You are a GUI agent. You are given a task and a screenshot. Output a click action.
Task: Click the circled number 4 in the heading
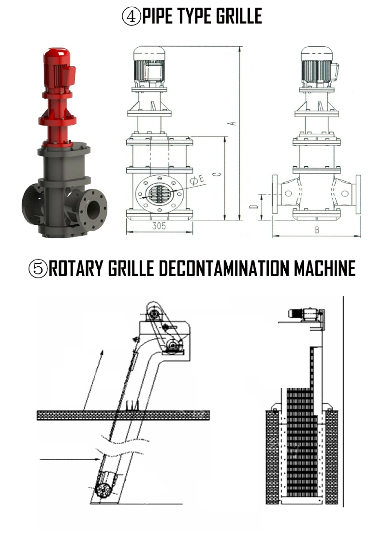tap(132, 16)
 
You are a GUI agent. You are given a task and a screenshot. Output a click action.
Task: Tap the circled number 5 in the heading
tap(38, 268)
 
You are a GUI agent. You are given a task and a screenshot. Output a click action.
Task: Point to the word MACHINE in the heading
tap(324, 268)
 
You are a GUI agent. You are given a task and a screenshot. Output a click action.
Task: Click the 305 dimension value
tap(159, 226)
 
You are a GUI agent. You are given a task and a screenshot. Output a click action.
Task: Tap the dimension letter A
tap(234, 123)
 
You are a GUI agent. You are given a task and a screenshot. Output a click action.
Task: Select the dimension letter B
tap(317, 230)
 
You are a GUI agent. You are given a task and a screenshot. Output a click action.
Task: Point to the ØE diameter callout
tap(197, 180)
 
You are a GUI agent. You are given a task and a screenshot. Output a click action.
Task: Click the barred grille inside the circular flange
tap(159, 193)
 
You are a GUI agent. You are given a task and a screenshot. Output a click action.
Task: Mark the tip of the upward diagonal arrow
tap(103, 350)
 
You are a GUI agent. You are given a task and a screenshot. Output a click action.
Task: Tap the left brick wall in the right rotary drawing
tap(272, 457)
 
